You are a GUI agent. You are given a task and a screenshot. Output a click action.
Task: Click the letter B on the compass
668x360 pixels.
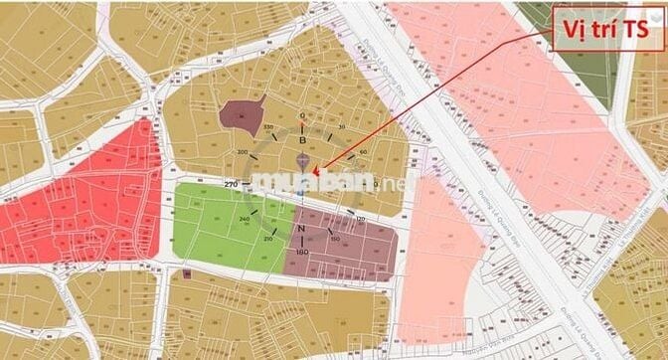pos(302,140)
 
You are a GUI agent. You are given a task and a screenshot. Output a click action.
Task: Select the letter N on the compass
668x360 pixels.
pos(301,229)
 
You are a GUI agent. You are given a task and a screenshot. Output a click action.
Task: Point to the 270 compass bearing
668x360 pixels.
pos(232,184)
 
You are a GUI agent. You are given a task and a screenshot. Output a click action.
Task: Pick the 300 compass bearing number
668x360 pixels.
pos(243,152)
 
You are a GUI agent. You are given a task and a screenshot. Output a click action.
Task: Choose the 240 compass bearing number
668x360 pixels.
pos(244,219)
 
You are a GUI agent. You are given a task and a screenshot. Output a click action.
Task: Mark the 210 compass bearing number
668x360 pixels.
pos(268,240)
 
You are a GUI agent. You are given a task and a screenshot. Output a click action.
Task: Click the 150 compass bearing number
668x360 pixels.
pos(336,240)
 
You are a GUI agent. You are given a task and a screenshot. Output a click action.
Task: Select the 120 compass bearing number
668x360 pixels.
pos(360,218)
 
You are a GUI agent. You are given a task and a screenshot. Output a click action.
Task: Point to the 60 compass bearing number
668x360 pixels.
pos(364,151)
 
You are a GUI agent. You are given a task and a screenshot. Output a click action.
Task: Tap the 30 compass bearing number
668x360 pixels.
pos(341,127)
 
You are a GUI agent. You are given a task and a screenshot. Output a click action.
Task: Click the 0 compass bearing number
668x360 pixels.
pos(302,115)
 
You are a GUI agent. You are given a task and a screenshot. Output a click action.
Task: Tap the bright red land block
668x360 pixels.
pos(80,199)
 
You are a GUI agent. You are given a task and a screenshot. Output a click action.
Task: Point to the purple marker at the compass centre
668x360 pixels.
pos(303,160)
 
